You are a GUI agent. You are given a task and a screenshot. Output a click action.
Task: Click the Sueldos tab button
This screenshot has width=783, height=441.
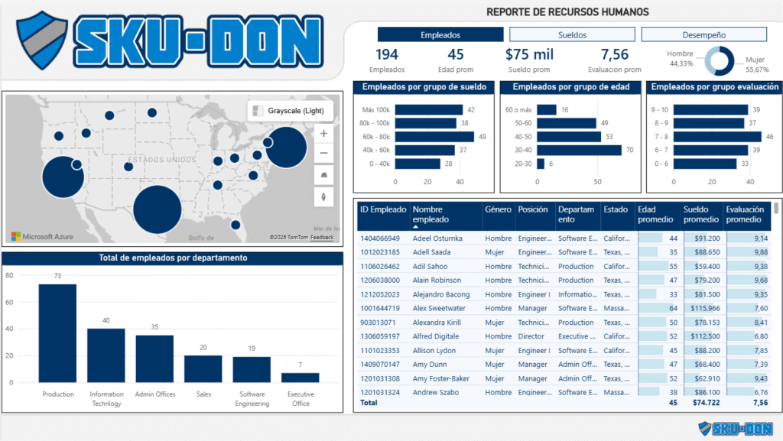click(x=568, y=34)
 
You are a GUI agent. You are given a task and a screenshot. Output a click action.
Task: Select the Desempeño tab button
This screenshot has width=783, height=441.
click(x=703, y=34)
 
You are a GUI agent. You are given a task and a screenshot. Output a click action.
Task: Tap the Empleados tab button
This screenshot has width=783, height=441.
click(x=440, y=34)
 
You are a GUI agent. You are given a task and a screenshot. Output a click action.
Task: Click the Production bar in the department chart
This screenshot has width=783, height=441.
click(x=57, y=333)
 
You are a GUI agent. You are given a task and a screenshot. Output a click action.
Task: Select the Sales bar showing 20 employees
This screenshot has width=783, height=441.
click(x=203, y=368)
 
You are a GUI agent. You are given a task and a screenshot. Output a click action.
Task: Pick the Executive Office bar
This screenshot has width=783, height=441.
click(x=301, y=377)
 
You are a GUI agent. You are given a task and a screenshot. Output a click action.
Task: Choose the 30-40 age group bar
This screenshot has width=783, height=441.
click(x=579, y=151)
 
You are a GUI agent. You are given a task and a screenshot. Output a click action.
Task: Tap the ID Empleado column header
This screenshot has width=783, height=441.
click(x=383, y=209)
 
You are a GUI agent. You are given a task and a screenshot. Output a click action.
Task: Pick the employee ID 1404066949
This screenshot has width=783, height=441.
click(x=381, y=238)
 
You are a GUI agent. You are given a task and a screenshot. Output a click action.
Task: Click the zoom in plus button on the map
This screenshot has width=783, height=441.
click(x=323, y=134)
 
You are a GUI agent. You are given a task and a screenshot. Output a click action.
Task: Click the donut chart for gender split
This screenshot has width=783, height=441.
click(x=719, y=61)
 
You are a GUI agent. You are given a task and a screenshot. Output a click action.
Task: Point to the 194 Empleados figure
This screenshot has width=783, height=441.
click(x=388, y=54)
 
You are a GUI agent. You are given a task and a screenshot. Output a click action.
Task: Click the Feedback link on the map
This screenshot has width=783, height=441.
click(x=322, y=238)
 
